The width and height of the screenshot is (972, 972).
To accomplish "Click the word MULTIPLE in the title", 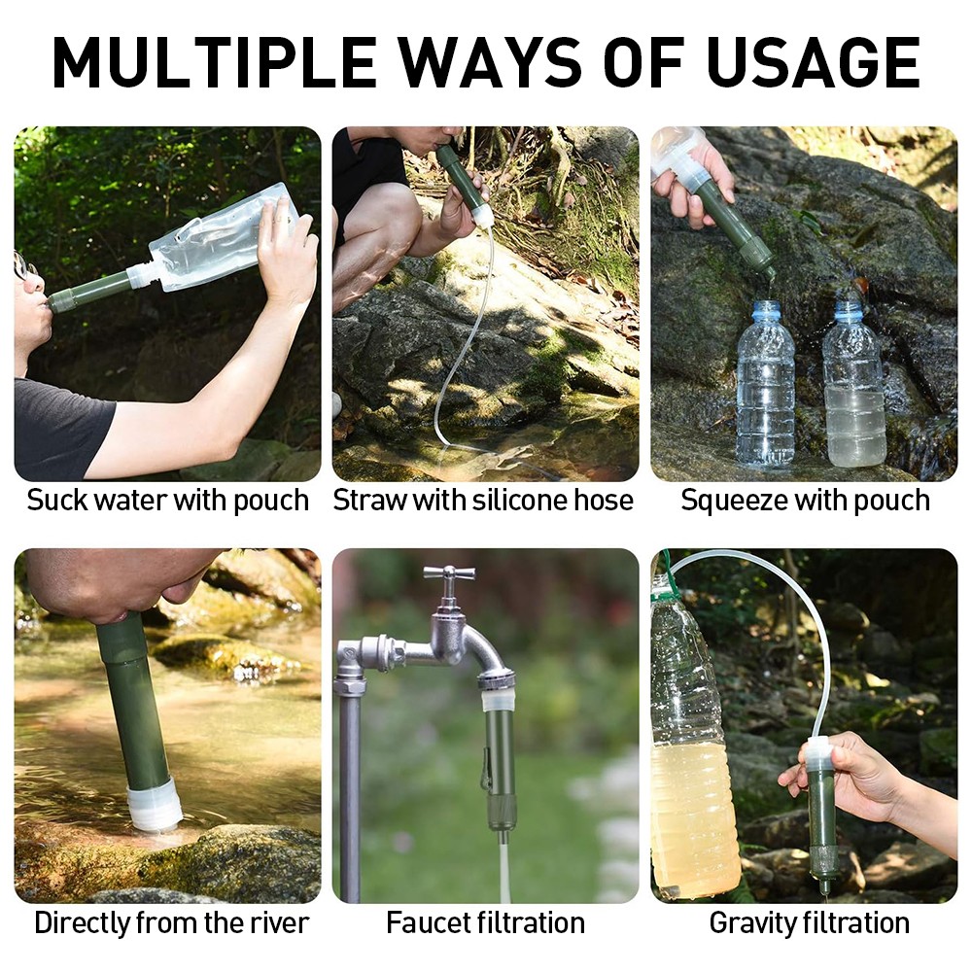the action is tap(215, 62).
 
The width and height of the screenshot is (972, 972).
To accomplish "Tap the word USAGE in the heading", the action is tap(813, 62).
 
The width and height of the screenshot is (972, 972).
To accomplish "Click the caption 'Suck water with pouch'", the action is tap(168, 501).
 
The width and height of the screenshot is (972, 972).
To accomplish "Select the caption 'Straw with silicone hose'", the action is tap(483, 500).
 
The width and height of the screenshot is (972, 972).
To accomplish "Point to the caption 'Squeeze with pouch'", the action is tap(805, 501).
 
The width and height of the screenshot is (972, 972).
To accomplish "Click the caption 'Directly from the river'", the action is tap(172, 922).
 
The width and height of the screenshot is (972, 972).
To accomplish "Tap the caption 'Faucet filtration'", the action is tap(485, 922).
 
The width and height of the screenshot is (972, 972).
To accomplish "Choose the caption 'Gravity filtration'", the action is tap(809, 923).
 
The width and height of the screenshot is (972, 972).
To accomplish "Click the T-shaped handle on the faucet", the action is tap(449, 571).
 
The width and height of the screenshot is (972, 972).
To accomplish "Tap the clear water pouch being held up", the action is tap(224, 239).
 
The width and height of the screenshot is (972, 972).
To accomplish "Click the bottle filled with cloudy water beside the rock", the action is tap(853, 384).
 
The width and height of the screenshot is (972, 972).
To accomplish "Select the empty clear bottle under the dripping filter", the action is tap(766, 384).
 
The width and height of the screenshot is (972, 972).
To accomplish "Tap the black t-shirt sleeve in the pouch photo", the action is tap(62, 428).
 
